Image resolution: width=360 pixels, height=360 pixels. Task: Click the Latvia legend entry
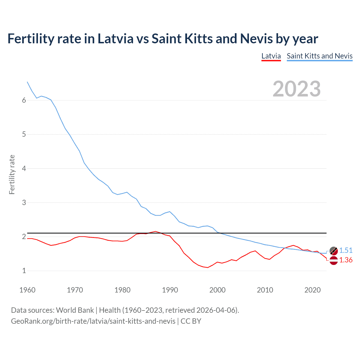click(x=271, y=56)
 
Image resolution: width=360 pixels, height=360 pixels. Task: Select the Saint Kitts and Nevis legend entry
click(x=319, y=56)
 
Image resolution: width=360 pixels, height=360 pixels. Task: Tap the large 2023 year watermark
click(x=296, y=89)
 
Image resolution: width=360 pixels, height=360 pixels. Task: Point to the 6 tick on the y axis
click(x=24, y=100)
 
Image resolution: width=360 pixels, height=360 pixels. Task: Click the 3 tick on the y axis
click(x=24, y=202)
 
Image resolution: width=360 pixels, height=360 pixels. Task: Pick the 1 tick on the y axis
click(x=24, y=271)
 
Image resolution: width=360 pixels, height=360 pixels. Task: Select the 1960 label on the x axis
click(x=27, y=290)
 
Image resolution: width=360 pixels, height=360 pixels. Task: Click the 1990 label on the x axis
click(x=170, y=290)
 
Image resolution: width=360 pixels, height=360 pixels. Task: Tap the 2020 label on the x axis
click(x=312, y=290)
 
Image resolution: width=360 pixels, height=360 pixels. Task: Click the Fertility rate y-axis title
click(x=12, y=174)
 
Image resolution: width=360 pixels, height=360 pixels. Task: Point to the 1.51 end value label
click(x=346, y=250)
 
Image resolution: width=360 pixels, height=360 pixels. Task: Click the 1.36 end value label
click(x=346, y=260)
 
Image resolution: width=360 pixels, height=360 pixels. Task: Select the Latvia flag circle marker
click(x=334, y=260)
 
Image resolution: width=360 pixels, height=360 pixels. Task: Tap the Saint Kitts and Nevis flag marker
click(x=334, y=251)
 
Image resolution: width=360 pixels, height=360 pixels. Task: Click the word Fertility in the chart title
click(x=30, y=39)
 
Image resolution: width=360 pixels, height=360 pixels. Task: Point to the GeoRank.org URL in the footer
click(x=93, y=321)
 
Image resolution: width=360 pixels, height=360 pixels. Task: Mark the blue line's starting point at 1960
click(x=27, y=82)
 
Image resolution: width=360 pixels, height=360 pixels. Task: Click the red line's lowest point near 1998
click(x=208, y=267)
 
